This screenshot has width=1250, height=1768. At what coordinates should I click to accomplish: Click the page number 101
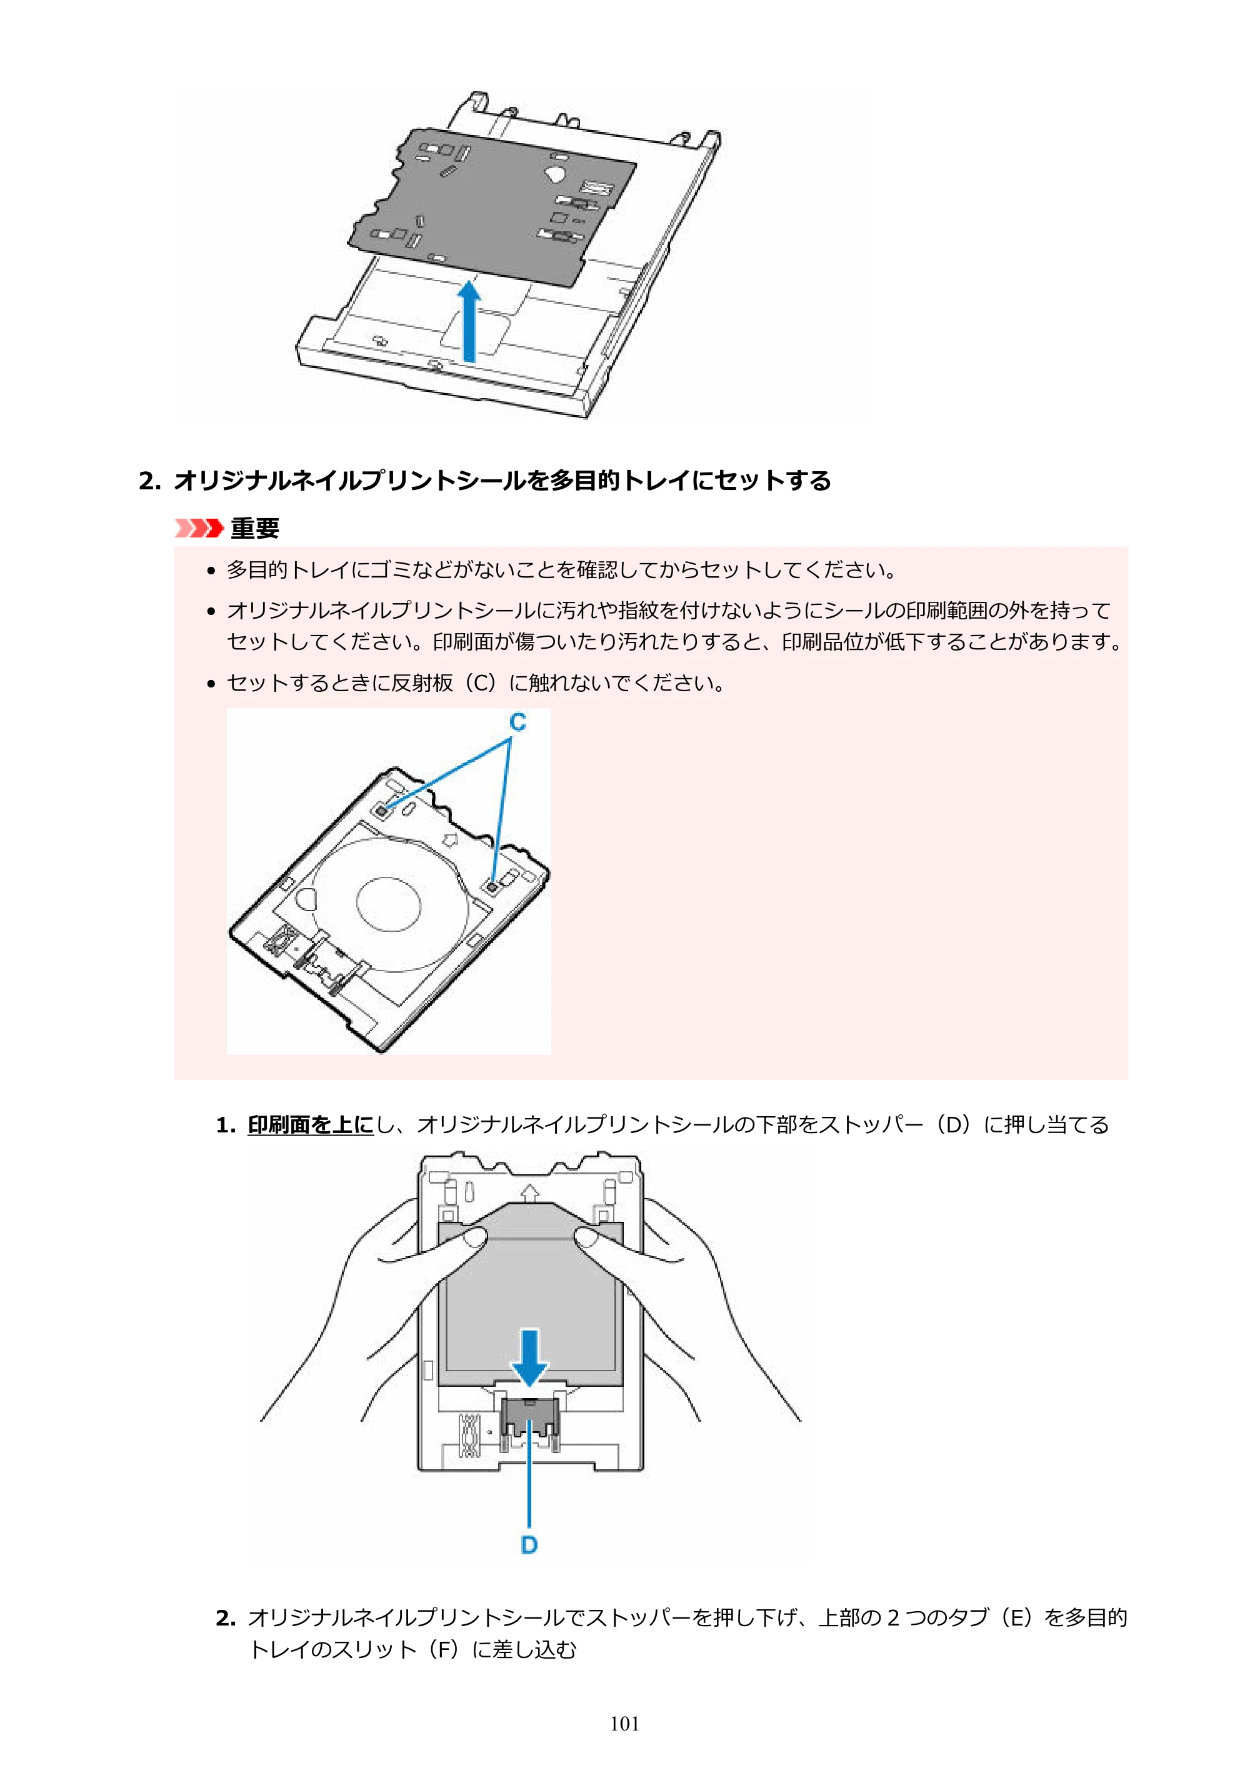coord(624,1724)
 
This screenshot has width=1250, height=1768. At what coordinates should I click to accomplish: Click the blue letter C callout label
coord(517,722)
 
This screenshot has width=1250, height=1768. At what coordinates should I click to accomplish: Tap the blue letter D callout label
coord(529,1545)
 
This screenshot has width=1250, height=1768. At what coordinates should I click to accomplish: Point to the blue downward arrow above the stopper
coord(529,1357)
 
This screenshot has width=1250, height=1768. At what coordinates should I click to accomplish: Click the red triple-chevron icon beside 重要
coord(199,528)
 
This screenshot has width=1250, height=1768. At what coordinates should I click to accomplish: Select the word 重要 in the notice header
coord(255,528)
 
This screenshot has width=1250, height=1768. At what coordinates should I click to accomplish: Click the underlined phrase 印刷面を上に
coord(311,1125)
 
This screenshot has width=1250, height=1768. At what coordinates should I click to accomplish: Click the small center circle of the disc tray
coord(389,902)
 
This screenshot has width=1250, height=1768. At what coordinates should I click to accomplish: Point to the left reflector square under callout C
coord(381,810)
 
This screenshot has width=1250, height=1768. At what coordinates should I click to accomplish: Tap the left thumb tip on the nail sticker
coord(473,1237)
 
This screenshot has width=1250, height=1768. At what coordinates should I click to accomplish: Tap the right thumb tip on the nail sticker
coord(590,1237)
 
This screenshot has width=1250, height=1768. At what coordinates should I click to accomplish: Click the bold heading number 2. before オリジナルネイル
coord(149,481)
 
